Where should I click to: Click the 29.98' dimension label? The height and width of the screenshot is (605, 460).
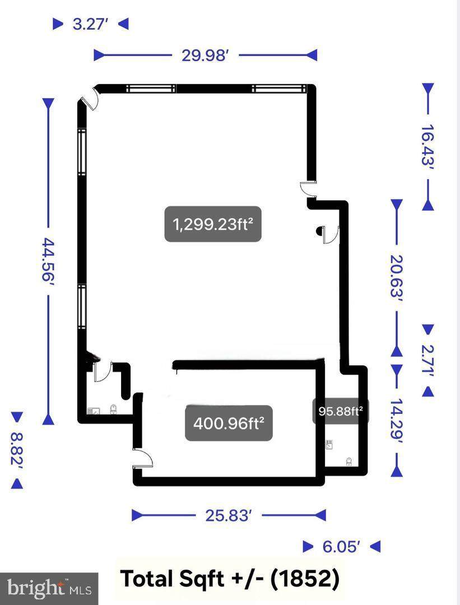[x=206, y=55]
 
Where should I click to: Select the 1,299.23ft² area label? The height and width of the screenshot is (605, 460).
[x=213, y=224]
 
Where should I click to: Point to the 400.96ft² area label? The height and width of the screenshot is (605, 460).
[x=229, y=424]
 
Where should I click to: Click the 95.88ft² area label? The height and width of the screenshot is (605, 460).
[x=341, y=411]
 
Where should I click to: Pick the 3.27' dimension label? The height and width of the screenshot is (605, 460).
[x=90, y=24]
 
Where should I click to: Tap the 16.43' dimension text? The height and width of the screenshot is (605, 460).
[x=428, y=145]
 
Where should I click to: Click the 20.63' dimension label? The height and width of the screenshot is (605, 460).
[x=397, y=276]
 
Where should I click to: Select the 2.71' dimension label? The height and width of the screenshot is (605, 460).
[x=428, y=360]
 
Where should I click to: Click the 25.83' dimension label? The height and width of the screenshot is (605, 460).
[x=229, y=515]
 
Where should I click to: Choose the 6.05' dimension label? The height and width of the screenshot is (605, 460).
[x=342, y=547]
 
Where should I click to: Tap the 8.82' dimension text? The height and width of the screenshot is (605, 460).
[x=17, y=450]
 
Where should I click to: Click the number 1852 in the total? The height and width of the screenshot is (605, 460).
[x=304, y=579]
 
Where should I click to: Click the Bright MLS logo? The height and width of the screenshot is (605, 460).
[x=49, y=589]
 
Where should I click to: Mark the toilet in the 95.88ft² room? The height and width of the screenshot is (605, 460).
[x=349, y=462]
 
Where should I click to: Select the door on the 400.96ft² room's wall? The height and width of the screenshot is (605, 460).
[x=143, y=458]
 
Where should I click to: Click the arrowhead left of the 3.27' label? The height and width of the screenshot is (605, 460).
[x=58, y=24]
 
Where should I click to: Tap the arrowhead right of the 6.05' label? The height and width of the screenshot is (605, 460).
[x=375, y=547]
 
